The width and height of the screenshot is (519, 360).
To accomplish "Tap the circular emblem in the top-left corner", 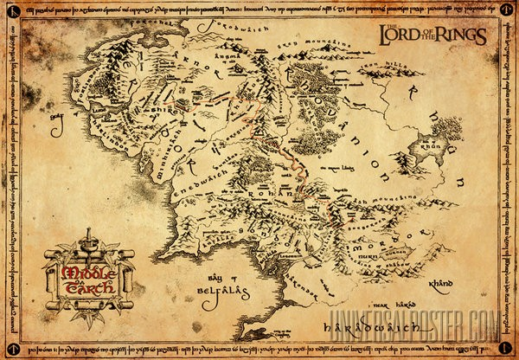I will click(x=10, y=10).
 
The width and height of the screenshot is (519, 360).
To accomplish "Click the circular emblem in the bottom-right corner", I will click(x=509, y=350).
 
